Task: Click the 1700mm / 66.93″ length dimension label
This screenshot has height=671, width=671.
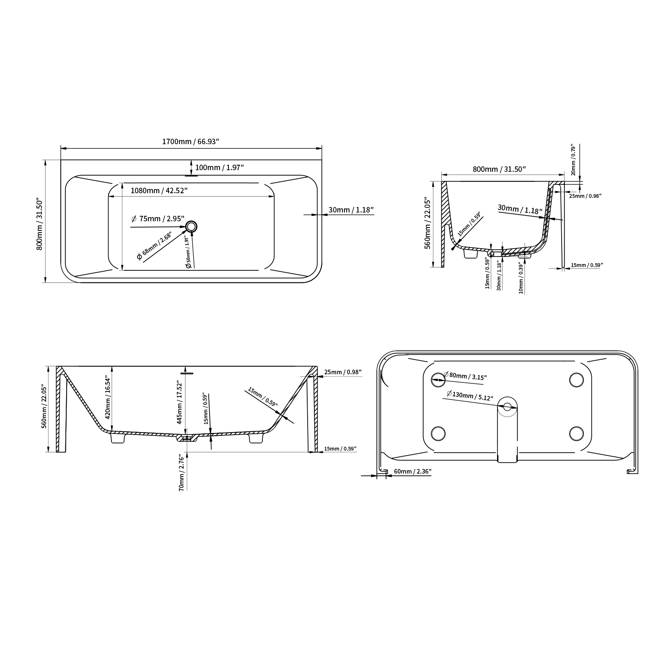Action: (x=191, y=142)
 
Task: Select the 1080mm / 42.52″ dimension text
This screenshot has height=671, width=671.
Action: (x=159, y=191)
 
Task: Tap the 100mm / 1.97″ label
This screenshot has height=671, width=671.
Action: (x=220, y=168)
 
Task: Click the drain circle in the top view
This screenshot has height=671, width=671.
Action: (x=192, y=227)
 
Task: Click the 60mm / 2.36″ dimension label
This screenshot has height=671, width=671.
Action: (x=412, y=472)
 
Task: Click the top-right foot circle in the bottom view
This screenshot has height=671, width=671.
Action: (x=576, y=379)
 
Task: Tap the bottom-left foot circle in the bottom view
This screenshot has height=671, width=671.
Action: (x=438, y=433)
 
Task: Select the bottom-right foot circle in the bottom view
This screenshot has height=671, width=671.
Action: (x=576, y=433)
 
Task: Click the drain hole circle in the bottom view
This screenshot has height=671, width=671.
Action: (x=508, y=407)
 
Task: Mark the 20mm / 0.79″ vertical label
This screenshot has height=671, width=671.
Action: (x=573, y=160)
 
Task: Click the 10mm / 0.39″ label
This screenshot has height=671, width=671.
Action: (x=521, y=278)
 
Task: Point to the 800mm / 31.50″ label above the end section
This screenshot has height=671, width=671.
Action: (x=499, y=169)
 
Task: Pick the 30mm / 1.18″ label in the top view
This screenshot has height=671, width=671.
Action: (x=351, y=210)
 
